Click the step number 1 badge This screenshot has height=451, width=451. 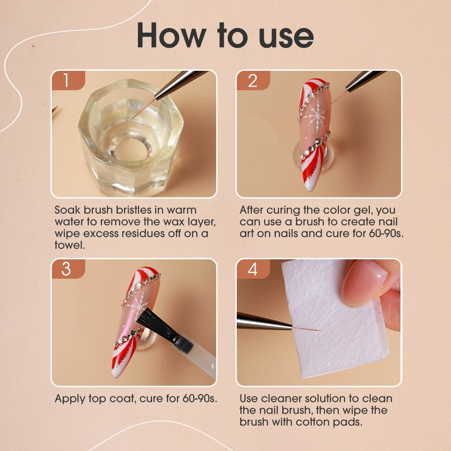click(69, 80)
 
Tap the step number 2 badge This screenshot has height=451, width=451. click(253, 80)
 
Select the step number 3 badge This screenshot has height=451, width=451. click(69, 269)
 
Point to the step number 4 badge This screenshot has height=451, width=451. click(253, 269)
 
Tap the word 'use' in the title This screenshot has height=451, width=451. click(286, 37)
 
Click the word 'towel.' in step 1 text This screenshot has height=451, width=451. click(69, 245)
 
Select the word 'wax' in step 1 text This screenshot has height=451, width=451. click(174, 222)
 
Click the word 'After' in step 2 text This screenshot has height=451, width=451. click(251, 210)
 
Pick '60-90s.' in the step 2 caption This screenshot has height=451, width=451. click(387, 233)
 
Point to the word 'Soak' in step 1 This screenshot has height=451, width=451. click(68, 210)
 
